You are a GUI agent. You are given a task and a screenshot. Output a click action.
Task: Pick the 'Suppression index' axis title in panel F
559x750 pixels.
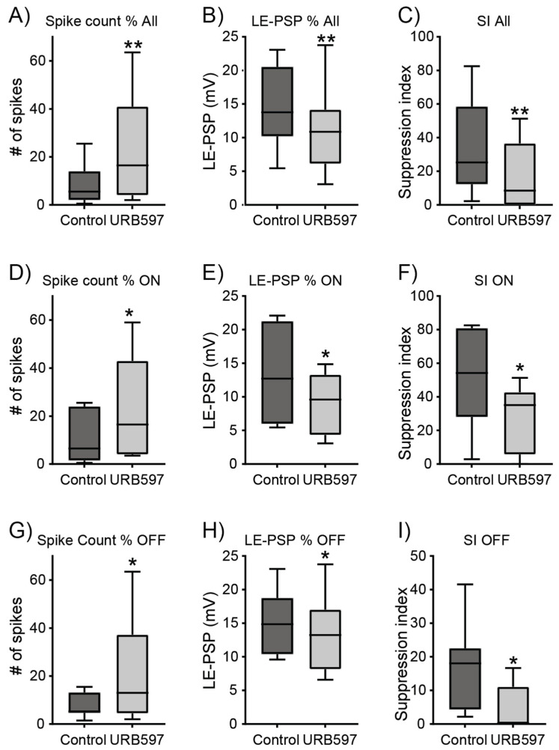407,380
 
